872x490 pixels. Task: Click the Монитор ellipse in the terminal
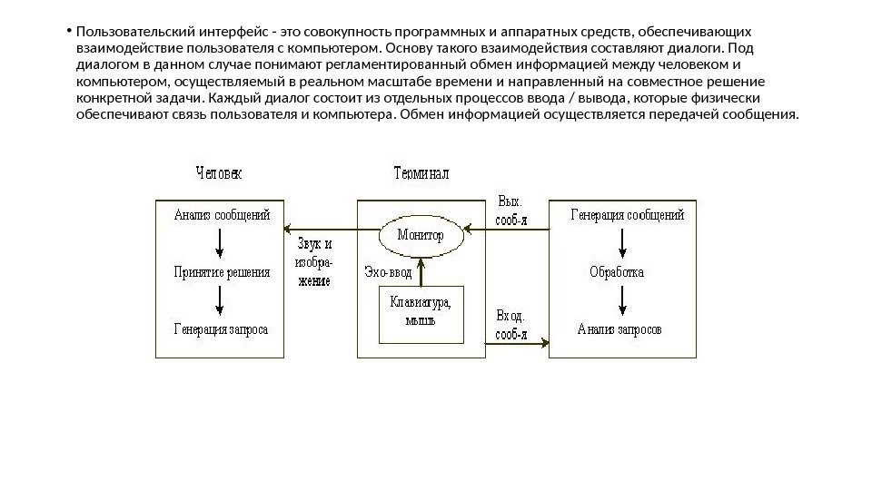[x=420, y=235]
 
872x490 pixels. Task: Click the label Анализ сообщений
[x=222, y=216]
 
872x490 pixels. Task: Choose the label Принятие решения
[x=222, y=272]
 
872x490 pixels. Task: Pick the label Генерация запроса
[x=221, y=329]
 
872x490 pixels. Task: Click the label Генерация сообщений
[x=627, y=215]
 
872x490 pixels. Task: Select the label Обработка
[x=617, y=271]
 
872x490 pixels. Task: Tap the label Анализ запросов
[x=620, y=328]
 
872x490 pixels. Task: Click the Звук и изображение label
[x=314, y=262]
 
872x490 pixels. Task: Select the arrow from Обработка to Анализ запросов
[x=621, y=299]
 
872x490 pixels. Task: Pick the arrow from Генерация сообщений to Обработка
[x=621, y=242]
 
